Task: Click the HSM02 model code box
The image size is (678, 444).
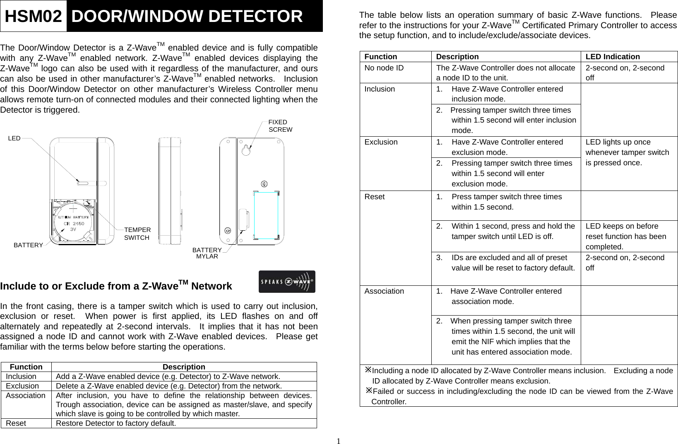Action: pyautogui.click(x=33, y=16)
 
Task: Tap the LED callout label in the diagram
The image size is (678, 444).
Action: pyautogui.click(x=14, y=138)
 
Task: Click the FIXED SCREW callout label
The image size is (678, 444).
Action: pyautogui.click(x=280, y=125)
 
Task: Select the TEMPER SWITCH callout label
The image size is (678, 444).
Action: pyautogui.click(x=137, y=234)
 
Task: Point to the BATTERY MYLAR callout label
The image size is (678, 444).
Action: pyautogui.click(x=207, y=253)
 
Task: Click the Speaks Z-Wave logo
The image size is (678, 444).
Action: pyautogui.click(x=286, y=282)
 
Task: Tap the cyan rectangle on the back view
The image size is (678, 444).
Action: pyautogui.click(x=266, y=215)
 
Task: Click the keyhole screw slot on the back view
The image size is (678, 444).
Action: pyautogui.click(x=246, y=150)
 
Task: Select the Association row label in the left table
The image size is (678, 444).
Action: pyautogui.click(x=26, y=396)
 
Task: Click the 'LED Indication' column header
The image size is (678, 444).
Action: pyautogui.click(x=613, y=57)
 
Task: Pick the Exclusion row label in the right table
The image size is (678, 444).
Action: pyautogui.click(x=381, y=142)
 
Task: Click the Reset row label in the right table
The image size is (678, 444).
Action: pyautogui.click(x=375, y=197)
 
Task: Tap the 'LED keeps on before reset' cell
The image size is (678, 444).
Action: pyautogui.click(x=625, y=236)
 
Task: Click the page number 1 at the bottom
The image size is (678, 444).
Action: pyautogui.click(x=339, y=441)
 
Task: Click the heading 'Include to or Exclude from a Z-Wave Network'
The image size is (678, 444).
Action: pyautogui.click(x=116, y=286)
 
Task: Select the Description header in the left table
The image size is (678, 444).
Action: pyautogui.click(x=184, y=367)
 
